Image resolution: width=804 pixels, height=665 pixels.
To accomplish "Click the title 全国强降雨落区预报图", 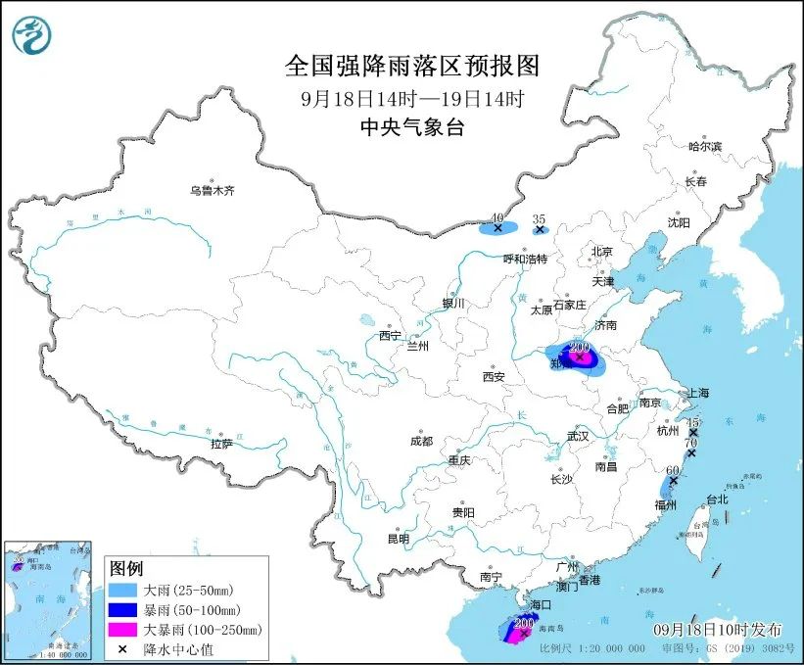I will [x=411, y=66].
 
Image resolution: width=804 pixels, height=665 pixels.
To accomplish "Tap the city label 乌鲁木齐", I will [x=213, y=190].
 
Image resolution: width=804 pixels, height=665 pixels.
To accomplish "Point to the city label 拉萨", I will [x=221, y=443].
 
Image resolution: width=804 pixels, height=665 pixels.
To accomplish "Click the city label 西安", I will [x=493, y=376].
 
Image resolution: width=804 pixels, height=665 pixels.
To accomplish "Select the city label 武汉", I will [x=578, y=435].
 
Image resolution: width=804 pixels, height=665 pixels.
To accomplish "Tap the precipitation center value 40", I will [x=497, y=217].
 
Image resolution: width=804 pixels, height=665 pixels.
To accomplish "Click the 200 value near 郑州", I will [x=579, y=347].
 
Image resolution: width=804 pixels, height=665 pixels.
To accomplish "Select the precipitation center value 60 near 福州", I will [x=672, y=470].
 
